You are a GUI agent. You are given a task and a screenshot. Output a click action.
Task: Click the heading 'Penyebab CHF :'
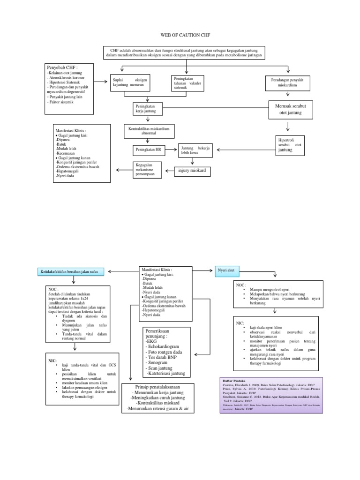(x=63, y=67)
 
